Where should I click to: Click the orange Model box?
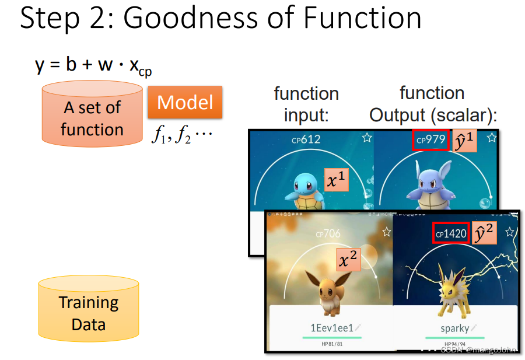click(185, 103)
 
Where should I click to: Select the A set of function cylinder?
click(92, 115)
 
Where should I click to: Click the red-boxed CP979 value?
click(430, 140)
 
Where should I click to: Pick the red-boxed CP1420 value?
click(451, 233)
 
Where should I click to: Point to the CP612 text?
click(306, 140)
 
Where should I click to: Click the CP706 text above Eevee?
click(328, 234)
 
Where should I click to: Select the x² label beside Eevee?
click(349, 259)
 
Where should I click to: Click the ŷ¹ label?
click(466, 140)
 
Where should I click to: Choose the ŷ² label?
click(486, 233)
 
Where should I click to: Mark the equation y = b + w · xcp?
click(93, 65)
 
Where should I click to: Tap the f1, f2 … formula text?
click(182, 136)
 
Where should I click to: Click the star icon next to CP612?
click(366, 138)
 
